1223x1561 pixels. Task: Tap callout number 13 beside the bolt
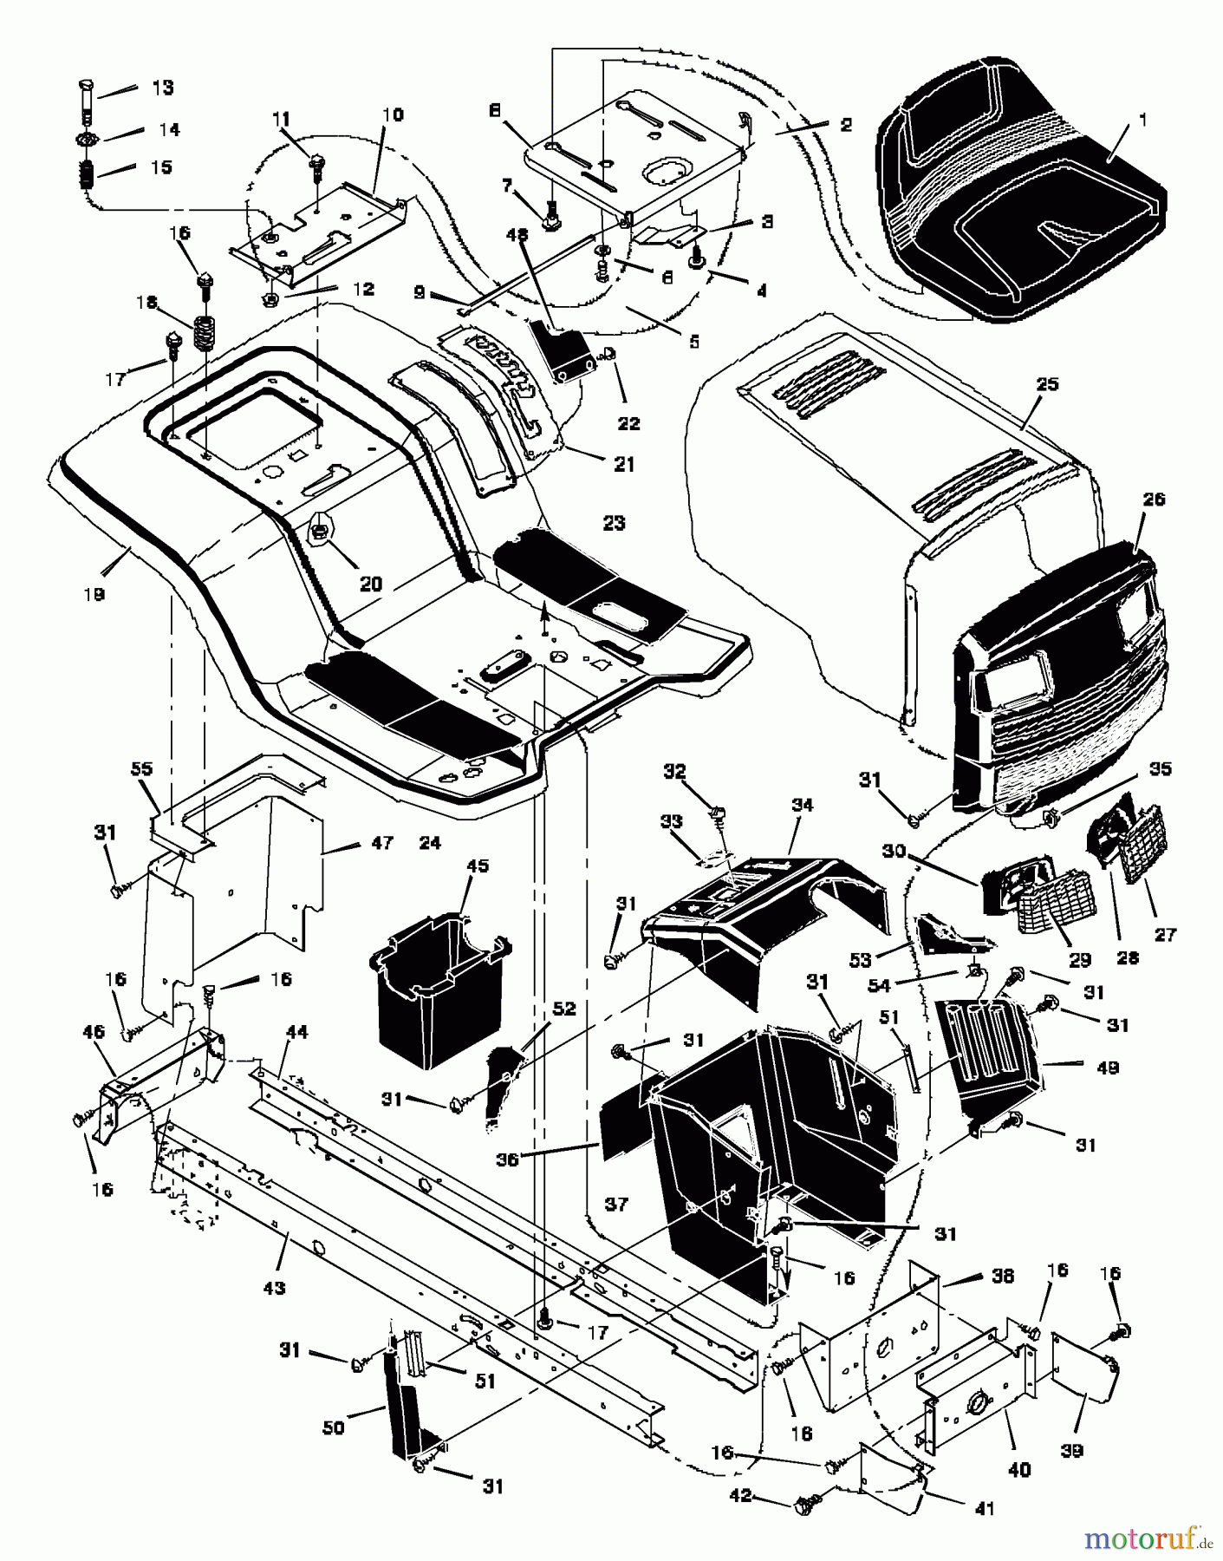[x=162, y=88]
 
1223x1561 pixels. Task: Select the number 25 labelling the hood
[x=1047, y=384]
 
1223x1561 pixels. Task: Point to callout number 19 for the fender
[x=94, y=595]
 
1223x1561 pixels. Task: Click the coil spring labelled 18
[x=205, y=332]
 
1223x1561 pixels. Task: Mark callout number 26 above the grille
[x=1155, y=500]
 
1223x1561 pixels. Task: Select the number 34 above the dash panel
[x=802, y=805]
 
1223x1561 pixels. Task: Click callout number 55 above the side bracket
[x=141, y=768]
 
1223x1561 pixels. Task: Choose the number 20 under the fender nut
[x=370, y=584]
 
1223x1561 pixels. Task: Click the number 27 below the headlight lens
[x=1167, y=935]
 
